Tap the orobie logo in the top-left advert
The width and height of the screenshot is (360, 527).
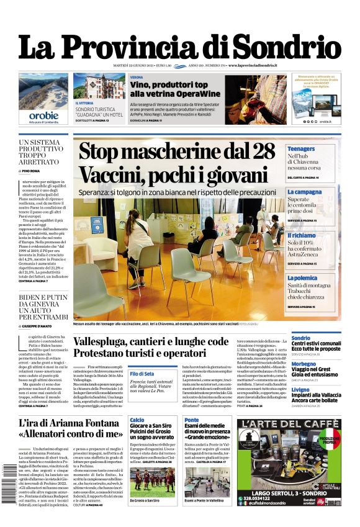click(43, 115)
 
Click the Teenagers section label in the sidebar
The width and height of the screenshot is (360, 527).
click(301, 149)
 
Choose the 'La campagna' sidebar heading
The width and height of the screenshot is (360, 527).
click(304, 192)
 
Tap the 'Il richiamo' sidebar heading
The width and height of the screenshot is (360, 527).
click(301, 236)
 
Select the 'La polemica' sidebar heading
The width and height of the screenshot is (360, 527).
click(302, 279)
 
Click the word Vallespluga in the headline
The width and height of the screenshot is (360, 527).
click(109, 342)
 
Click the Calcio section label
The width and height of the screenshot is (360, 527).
click(137, 420)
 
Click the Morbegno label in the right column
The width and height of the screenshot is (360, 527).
click(304, 364)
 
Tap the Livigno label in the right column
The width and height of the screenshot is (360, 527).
click(300, 389)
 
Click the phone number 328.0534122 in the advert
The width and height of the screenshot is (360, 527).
click(263, 497)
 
